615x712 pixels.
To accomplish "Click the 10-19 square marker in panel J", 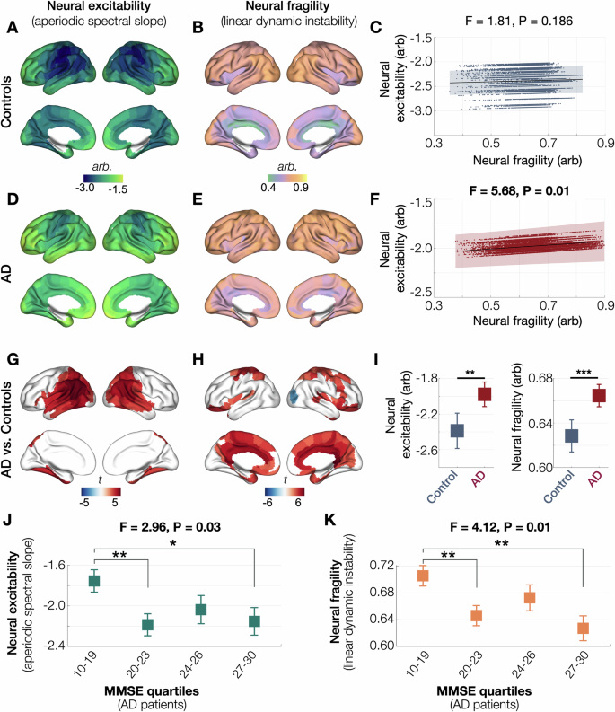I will tap(93, 581).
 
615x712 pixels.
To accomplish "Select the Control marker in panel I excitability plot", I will tap(433, 430).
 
